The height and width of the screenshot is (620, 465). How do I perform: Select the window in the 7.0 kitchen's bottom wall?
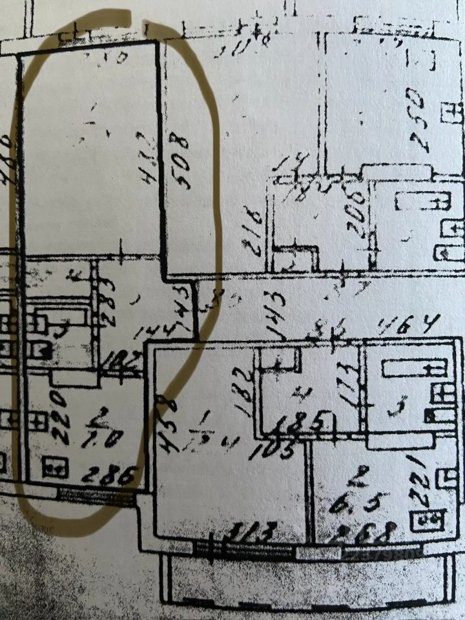click(97, 495)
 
